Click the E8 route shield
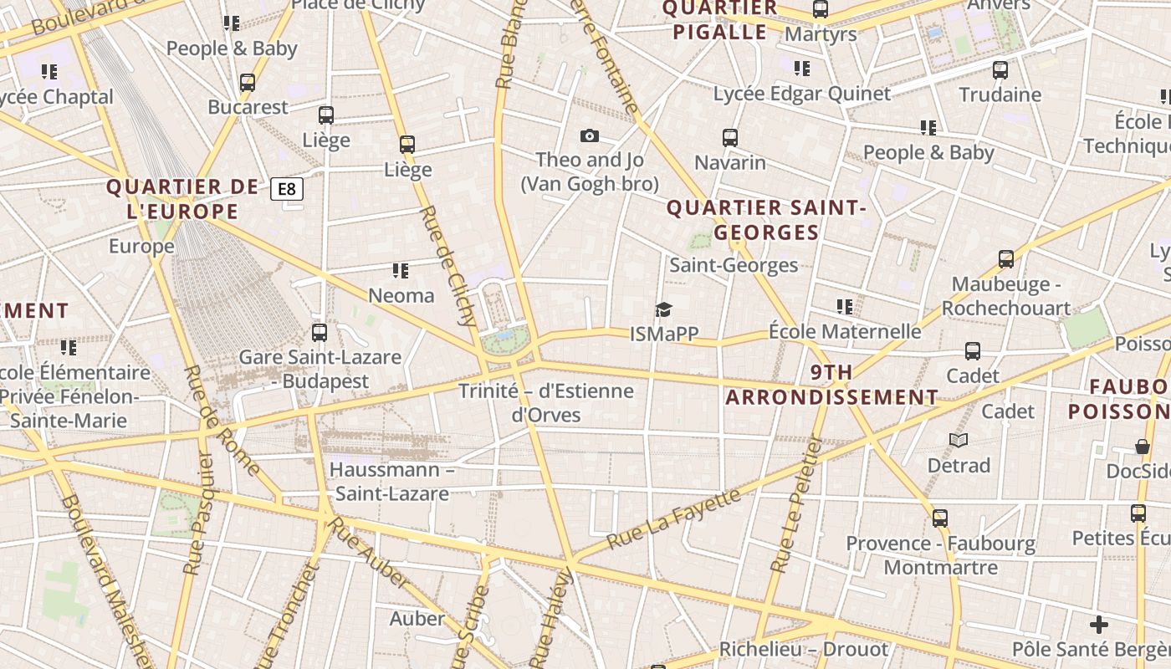pos(286,189)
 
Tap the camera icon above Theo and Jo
pos(590,136)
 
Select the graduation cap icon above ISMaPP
pos(664,310)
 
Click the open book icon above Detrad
pos(959,440)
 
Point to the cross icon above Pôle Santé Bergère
pos(1099,625)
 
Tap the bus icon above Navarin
pos(730,138)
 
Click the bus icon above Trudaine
pos(1000,70)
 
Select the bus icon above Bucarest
pos(248,83)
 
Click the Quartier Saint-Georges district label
pos(765,220)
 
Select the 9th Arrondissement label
pos(831,385)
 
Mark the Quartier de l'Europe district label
pos(176,199)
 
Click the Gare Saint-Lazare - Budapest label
pos(320,369)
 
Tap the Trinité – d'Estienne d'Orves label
pos(546,402)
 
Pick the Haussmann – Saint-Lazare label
pos(391,481)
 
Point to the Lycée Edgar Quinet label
pos(802,94)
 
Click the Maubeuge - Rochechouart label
pos(1005,296)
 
